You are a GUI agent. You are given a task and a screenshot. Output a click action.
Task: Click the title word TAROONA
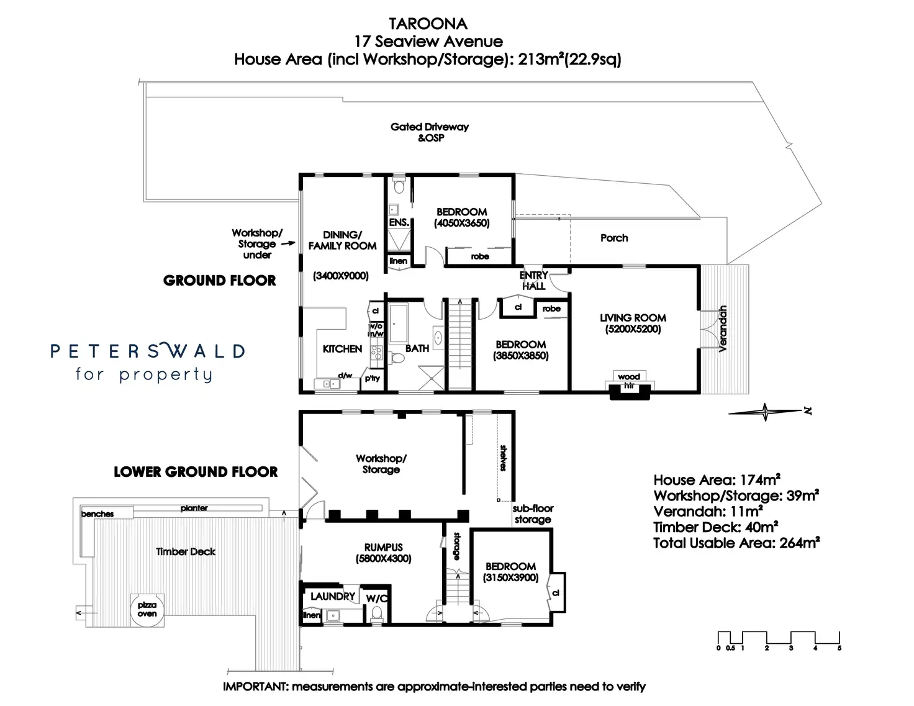point(428,24)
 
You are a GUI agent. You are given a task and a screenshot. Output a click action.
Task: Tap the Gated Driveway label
point(430,127)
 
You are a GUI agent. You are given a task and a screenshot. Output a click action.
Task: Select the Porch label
point(613,238)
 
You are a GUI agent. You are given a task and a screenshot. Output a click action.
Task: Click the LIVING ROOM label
point(633,318)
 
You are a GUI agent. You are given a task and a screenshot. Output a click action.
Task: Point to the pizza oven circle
point(147,609)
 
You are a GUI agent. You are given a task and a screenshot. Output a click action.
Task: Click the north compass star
point(765,412)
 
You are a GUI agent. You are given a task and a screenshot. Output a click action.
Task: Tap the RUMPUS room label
point(383,548)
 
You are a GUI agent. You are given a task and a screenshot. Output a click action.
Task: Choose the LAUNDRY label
point(333,597)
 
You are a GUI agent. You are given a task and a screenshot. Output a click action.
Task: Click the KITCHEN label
point(342,349)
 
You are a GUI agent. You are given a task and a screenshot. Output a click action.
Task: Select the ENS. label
point(399,222)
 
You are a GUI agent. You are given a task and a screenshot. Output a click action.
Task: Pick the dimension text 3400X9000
point(340,276)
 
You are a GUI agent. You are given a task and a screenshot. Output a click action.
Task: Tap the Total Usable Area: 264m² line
point(736,543)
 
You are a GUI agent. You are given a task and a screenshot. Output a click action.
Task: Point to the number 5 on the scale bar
point(839,648)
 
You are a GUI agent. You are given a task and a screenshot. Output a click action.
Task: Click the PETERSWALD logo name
point(148,351)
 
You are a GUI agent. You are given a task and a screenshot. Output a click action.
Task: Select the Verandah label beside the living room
point(722,329)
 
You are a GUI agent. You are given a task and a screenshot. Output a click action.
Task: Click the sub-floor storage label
point(532,514)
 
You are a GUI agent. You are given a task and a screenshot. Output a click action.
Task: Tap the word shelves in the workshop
point(503,458)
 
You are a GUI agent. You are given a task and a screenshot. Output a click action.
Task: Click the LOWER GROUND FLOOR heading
point(196,472)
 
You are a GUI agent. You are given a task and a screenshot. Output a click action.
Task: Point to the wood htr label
point(628,380)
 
